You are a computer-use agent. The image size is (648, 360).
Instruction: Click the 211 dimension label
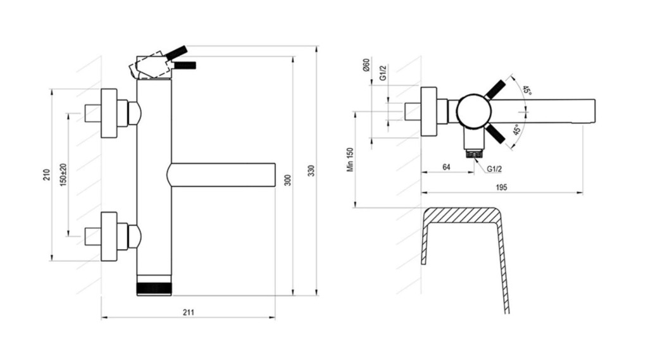click(x=189, y=313)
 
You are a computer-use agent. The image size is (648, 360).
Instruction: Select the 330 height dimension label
click(x=311, y=171)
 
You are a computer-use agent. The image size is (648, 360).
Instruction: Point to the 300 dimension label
click(x=288, y=180)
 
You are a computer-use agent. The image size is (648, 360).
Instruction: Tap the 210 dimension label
click(x=46, y=175)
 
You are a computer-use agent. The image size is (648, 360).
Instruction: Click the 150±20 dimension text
click(x=63, y=175)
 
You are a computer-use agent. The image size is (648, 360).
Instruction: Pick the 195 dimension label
click(x=501, y=187)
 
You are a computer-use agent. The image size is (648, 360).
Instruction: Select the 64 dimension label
click(x=446, y=167)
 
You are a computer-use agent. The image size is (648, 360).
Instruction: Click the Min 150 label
click(x=351, y=159)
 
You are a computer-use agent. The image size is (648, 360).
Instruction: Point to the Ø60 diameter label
click(x=366, y=65)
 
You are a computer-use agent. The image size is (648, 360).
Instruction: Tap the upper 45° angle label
click(x=526, y=90)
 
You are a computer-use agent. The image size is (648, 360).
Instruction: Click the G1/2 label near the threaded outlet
click(x=494, y=169)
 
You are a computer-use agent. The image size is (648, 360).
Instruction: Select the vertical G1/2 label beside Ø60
click(x=383, y=73)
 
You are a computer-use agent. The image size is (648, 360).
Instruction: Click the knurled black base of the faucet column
click(x=154, y=289)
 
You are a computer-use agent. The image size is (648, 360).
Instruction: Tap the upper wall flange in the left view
click(x=109, y=113)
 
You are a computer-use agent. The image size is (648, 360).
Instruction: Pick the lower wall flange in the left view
click(x=109, y=237)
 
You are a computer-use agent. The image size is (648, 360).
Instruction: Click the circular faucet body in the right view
click(x=474, y=111)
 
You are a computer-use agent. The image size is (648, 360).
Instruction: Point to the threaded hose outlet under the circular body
click(x=475, y=153)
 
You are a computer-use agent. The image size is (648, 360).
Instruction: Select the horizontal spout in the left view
click(x=221, y=175)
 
